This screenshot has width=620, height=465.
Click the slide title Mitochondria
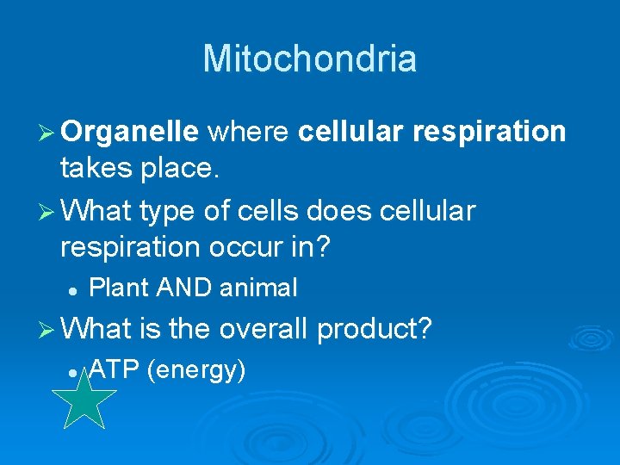[x=310, y=59]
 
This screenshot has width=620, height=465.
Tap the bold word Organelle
[x=130, y=132]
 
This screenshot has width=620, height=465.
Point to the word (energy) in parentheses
[x=196, y=371]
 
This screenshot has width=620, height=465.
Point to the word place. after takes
[x=180, y=170]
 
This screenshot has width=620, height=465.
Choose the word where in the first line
[x=249, y=132]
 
